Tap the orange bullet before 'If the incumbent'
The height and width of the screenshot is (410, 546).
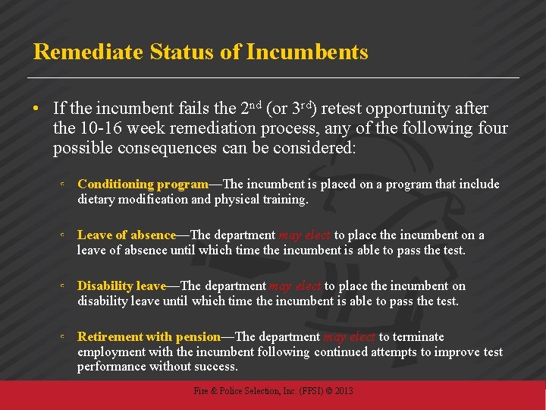36,109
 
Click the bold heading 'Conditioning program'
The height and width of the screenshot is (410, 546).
143,184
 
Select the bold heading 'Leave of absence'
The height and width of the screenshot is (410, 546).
127,235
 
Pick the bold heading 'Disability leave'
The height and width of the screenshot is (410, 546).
121,286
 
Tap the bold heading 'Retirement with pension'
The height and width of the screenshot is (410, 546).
149,337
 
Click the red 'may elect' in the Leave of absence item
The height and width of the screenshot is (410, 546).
305,235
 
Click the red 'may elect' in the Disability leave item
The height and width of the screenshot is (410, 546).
295,286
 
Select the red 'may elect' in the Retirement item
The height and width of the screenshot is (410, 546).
350,337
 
